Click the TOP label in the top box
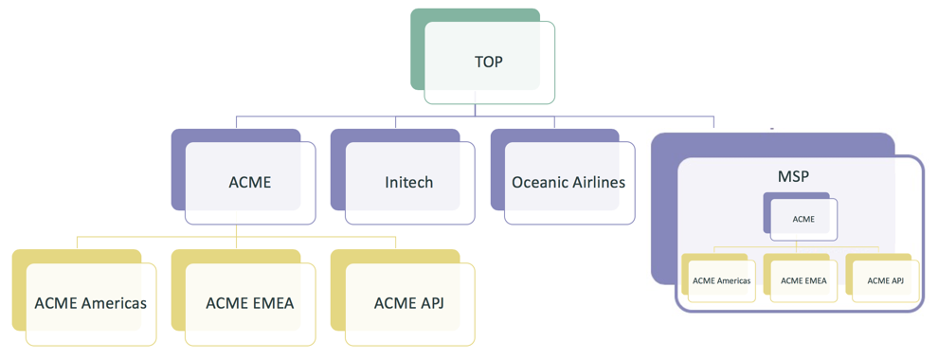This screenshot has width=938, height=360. point(489,63)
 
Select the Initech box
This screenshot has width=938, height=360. point(409,182)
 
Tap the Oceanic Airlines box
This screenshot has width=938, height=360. point(568,182)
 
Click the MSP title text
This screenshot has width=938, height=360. point(792,177)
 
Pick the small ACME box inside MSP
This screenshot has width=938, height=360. point(803,219)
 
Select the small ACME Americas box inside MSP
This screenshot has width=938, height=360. point(721,280)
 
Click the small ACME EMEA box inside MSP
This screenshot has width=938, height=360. point(803,280)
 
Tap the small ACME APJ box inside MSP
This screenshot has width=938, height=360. point(885,280)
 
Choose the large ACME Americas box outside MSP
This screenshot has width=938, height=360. point(91,303)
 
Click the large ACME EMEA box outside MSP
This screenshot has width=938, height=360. point(250,303)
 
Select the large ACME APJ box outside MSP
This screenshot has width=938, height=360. point(409,303)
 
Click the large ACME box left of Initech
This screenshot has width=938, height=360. point(250,182)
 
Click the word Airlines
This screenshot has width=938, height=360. point(595,182)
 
